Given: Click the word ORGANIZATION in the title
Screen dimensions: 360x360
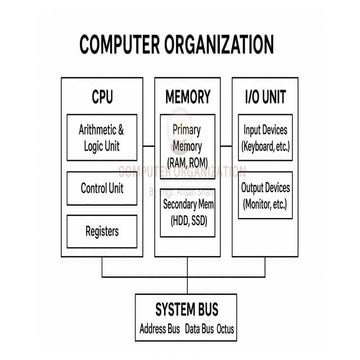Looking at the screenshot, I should tap(222, 45).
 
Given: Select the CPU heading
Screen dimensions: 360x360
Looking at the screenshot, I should tap(102, 98).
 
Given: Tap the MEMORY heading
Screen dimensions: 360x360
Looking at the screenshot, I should tap(187, 98).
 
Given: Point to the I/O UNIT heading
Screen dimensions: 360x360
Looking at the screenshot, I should tap(265, 98).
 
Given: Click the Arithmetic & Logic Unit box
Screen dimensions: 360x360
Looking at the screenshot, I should tap(102, 137).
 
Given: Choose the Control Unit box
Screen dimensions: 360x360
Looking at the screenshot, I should tap(102, 188).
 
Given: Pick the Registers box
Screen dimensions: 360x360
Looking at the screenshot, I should tap(102, 232).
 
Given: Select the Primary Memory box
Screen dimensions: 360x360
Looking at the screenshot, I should tap(187, 146).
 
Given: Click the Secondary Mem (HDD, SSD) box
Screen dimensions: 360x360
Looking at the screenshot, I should tap(187, 211).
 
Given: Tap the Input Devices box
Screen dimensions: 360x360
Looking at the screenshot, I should tap(266, 138).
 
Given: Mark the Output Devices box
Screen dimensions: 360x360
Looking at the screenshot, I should tap(266, 195).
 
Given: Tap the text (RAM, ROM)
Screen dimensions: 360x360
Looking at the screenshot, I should tap(187, 163).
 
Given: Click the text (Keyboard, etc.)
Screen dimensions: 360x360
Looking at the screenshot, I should tap(266, 147).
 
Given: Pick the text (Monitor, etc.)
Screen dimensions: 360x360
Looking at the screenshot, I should tap(266, 204).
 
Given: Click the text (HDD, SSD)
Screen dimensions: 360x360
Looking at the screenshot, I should tap(187, 220).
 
